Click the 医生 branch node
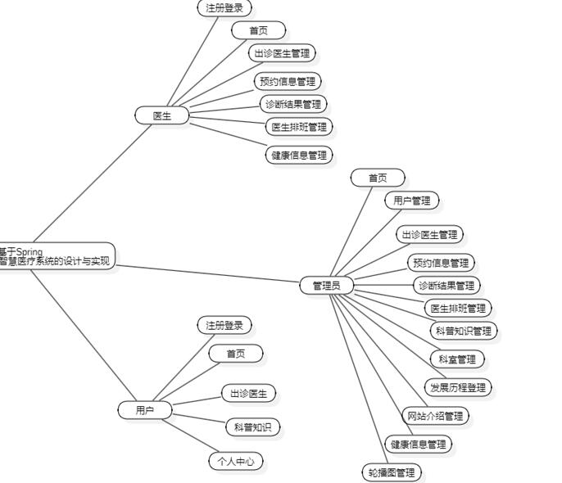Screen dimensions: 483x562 click(x=162, y=116)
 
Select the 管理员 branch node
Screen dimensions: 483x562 click(x=327, y=286)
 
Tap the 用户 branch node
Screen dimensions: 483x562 click(x=144, y=410)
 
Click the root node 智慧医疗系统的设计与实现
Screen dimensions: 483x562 click(x=56, y=257)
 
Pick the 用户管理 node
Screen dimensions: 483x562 click(x=411, y=201)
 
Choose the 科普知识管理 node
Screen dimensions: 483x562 click(x=464, y=331)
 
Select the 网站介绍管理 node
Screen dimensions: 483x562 click(x=436, y=416)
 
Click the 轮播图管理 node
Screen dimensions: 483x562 click(x=392, y=472)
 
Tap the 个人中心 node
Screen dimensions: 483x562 click(x=236, y=461)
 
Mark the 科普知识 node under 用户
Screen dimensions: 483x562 click(x=252, y=427)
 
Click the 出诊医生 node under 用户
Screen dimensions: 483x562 click(x=248, y=394)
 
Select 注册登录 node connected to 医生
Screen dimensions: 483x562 click(x=224, y=8)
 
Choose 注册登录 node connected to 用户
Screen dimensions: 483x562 click(x=224, y=326)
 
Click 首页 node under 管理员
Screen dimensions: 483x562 click(x=378, y=178)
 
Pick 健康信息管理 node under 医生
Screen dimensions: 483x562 click(x=299, y=155)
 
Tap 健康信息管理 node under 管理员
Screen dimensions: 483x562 click(x=419, y=445)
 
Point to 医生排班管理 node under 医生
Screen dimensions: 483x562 click(x=299, y=127)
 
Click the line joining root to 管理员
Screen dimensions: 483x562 click(x=205, y=274)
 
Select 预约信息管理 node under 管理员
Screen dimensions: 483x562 click(x=441, y=263)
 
